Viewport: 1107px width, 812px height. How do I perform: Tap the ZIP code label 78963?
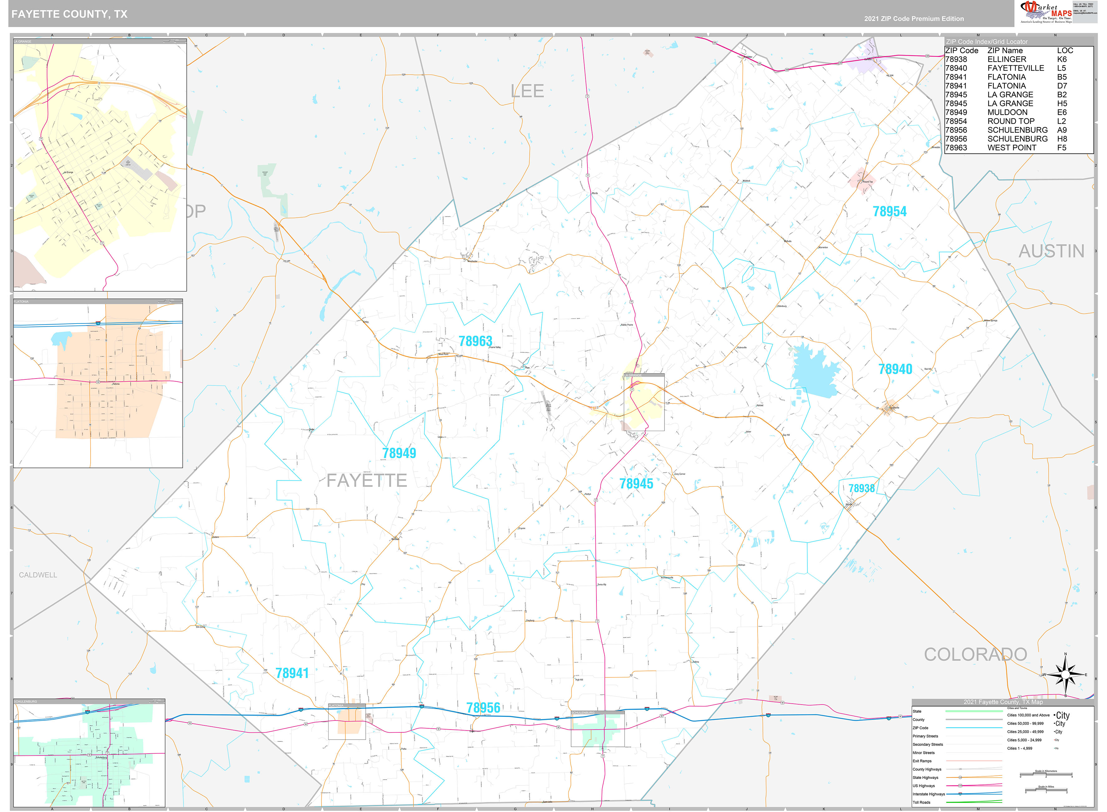pos(475,341)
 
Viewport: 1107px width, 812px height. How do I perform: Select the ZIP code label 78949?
pos(399,453)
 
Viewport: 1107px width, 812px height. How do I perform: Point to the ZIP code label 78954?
pos(889,212)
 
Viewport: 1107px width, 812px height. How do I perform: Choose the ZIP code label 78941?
pos(292,673)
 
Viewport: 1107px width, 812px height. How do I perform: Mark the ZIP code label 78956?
pos(483,708)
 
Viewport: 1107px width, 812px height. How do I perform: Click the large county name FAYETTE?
pos(367,481)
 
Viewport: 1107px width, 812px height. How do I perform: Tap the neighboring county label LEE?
pos(527,91)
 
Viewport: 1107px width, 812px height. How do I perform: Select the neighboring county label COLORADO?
pos(975,655)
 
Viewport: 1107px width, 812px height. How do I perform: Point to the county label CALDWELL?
pos(38,575)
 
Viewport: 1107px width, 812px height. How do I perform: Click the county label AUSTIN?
pos(1051,251)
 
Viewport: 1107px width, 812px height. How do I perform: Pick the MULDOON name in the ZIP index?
pos(1007,112)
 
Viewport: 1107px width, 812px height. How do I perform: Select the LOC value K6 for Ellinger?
pos(1062,59)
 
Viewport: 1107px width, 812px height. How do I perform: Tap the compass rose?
pos(1065,675)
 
